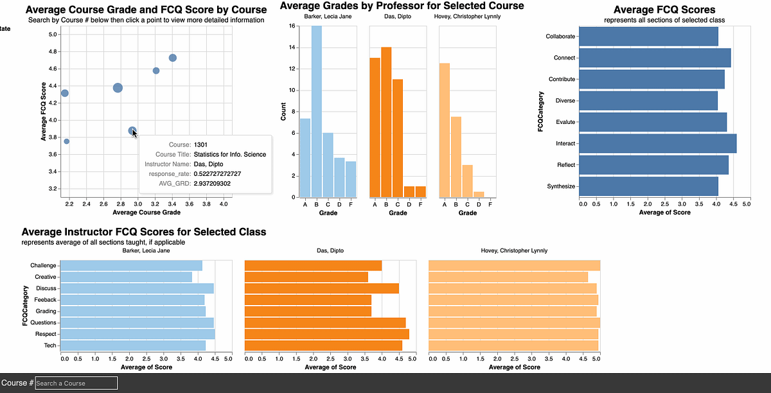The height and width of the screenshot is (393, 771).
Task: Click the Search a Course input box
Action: pyautogui.click(x=76, y=383)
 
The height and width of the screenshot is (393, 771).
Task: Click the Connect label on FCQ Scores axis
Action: pyautogui.click(x=564, y=58)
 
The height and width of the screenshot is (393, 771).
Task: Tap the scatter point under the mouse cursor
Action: pyautogui.click(x=132, y=131)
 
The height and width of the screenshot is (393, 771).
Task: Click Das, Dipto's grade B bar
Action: pyautogui.click(x=386, y=122)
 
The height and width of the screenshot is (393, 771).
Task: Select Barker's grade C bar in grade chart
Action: pyautogui.click(x=328, y=164)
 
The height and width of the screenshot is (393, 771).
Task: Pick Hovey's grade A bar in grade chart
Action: pyautogui.click(x=445, y=130)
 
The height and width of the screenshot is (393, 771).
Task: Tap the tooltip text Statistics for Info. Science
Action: pyautogui.click(x=229, y=154)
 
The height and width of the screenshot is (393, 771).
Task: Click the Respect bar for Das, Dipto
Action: pyautogui.click(x=327, y=334)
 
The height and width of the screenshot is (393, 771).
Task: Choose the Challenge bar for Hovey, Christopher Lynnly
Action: pyautogui.click(x=514, y=265)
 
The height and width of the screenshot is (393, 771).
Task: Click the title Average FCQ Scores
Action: pyautogui.click(x=664, y=10)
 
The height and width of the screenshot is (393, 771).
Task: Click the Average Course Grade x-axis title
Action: pyautogui.click(x=146, y=212)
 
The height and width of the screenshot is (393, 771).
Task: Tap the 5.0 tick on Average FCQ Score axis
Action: pyautogui.click(x=53, y=34)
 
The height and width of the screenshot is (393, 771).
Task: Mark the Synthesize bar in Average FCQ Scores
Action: pyautogui.click(x=648, y=186)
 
